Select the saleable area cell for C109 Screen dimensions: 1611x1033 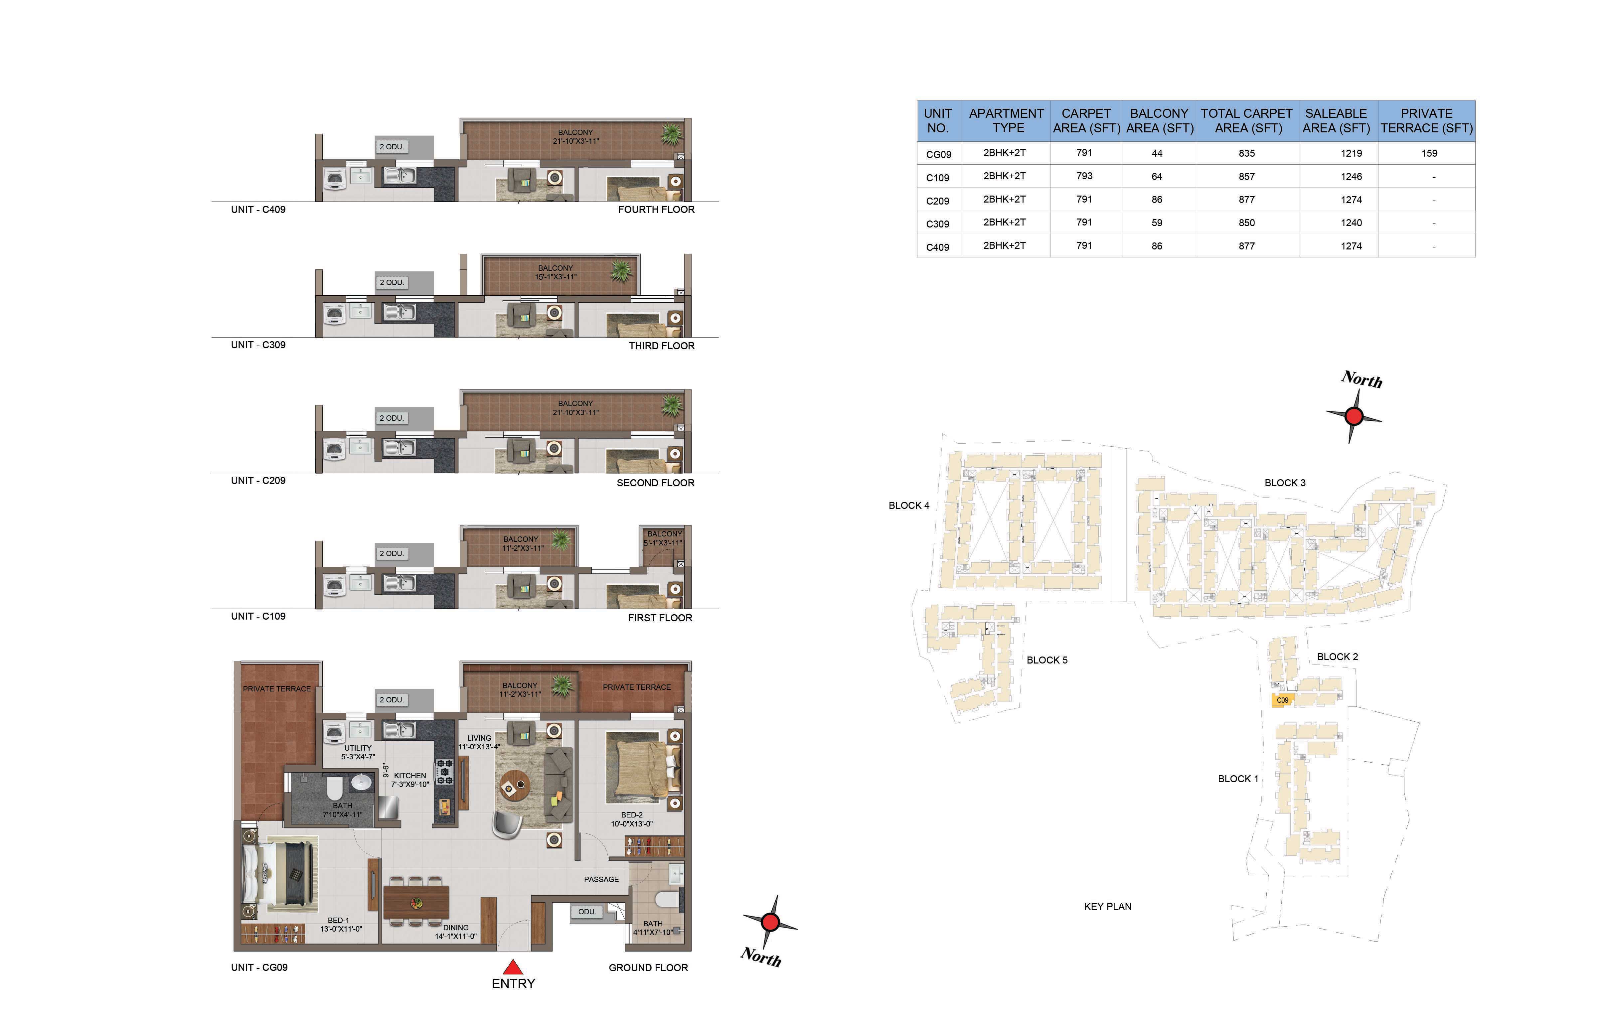(x=1352, y=176)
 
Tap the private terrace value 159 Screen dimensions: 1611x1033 (x=1429, y=153)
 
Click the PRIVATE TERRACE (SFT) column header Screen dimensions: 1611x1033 (x=1427, y=121)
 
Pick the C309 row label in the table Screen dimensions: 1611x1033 (x=938, y=223)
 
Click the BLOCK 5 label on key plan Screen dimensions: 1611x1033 (x=1047, y=660)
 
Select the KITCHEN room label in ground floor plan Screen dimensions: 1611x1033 (x=410, y=776)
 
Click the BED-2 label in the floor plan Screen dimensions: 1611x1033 (x=632, y=815)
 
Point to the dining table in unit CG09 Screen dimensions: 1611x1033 (x=416, y=902)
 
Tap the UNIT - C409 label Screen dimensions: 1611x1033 (x=258, y=209)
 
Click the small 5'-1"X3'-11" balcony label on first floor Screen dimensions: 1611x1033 (x=663, y=543)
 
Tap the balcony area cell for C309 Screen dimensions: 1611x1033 (x=1157, y=223)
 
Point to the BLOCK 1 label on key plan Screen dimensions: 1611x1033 (x=1238, y=779)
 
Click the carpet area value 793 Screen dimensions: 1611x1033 (x=1084, y=176)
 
